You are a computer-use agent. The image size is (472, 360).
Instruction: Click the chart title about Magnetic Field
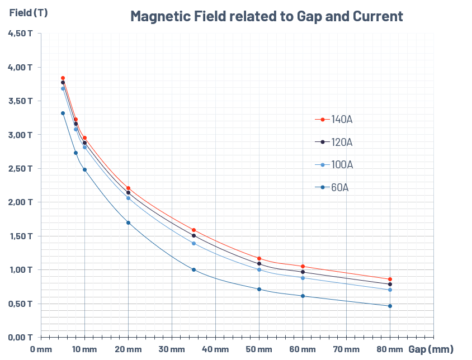(x=266, y=16)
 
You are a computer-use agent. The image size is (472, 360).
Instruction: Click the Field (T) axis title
(x=29, y=13)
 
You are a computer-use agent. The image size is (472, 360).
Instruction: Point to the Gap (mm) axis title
(x=431, y=349)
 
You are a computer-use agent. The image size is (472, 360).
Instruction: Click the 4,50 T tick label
(x=20, y=34)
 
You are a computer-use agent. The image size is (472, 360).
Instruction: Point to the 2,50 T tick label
(x=20, y=168)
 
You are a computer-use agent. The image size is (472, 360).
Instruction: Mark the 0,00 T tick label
(x=20, y=337)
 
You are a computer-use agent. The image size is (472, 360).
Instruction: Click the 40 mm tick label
(x=215, y=350)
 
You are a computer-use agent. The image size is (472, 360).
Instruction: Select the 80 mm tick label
(x=390, y=350)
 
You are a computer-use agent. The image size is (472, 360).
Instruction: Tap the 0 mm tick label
(x=41, y=350)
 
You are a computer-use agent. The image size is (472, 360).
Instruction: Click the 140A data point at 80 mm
(x=390, y=279)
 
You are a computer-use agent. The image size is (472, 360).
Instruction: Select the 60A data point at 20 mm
(x=128, y=222)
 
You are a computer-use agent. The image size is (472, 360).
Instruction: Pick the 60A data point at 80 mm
(x=390, y=306)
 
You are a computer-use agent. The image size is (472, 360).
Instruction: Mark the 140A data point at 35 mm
(x=193, y=230)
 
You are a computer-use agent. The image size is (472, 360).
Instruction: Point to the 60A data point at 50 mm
(x=259, y=289)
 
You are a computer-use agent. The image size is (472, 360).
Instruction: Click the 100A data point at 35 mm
(x=193, y=243)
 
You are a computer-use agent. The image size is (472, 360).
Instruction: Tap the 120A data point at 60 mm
(x=303, y=272)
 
